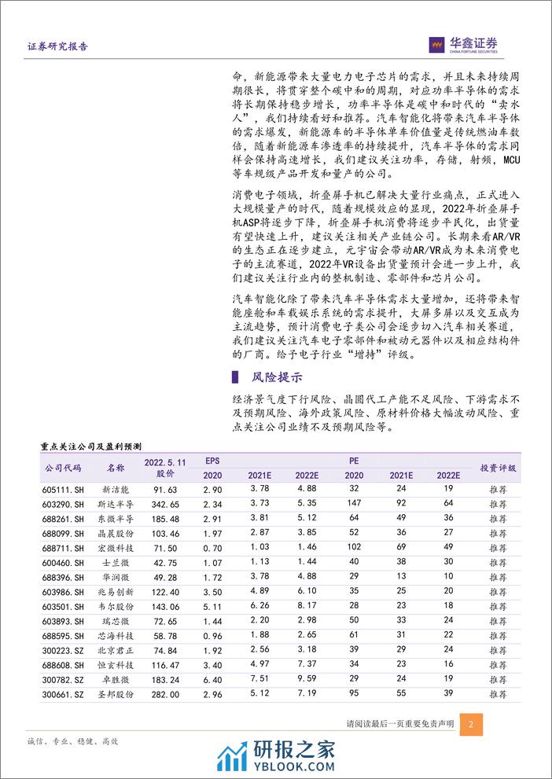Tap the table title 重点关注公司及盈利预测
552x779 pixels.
[x=90, y=446]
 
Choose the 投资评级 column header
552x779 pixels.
[x=499, y=468]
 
